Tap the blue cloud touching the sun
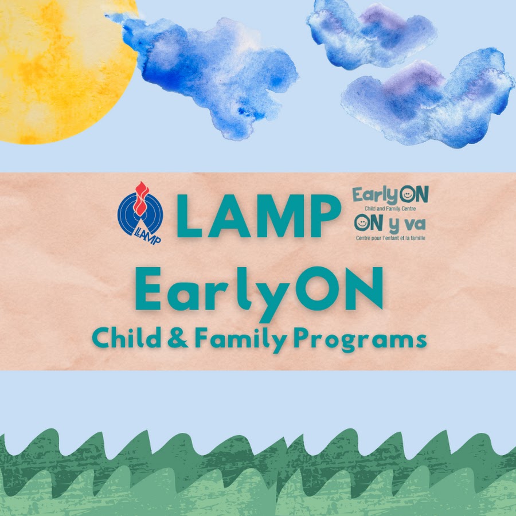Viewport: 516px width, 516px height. pos(210,72)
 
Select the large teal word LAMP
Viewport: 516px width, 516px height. pos(259,216)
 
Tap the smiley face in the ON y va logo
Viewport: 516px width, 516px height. pos(361,223)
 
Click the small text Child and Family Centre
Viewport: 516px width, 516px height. pos(390,209)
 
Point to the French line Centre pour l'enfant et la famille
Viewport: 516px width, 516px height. pos(390,237)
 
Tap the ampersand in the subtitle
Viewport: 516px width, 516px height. pos(177,338)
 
